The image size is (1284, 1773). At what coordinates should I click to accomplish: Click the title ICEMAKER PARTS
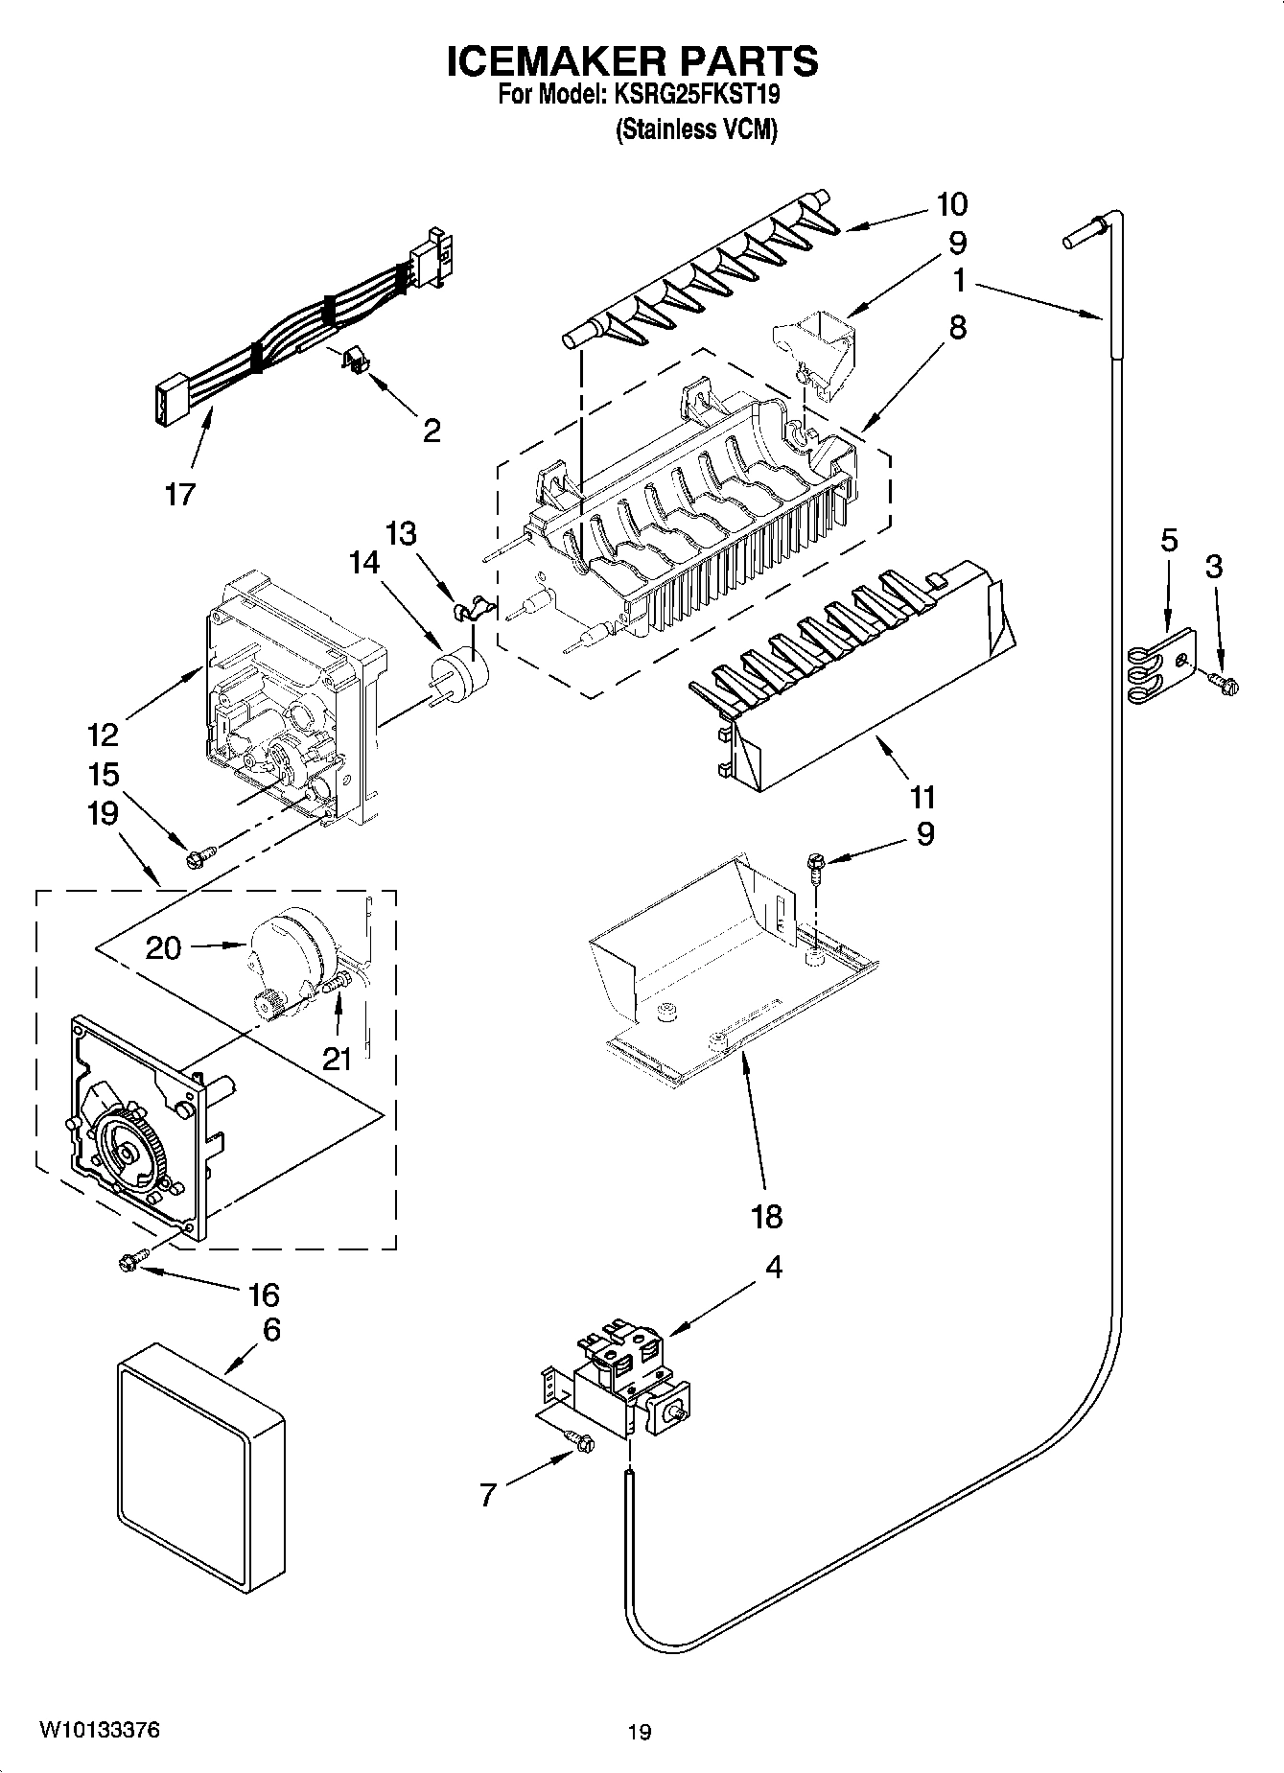(632, 61)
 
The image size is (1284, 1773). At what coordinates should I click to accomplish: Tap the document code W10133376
(99, 1730)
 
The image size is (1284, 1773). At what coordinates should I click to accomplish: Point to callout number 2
(432, 431)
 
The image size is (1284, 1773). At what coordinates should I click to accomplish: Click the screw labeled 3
(1225, 683)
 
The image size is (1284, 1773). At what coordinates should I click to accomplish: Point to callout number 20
(163, 947)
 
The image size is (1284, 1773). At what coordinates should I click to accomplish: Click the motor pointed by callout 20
(292, 954)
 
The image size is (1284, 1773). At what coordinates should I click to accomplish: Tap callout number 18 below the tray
(767, 1216)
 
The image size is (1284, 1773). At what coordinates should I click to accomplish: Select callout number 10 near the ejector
(951, 204)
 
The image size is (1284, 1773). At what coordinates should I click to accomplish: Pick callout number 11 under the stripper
(922, 796)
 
